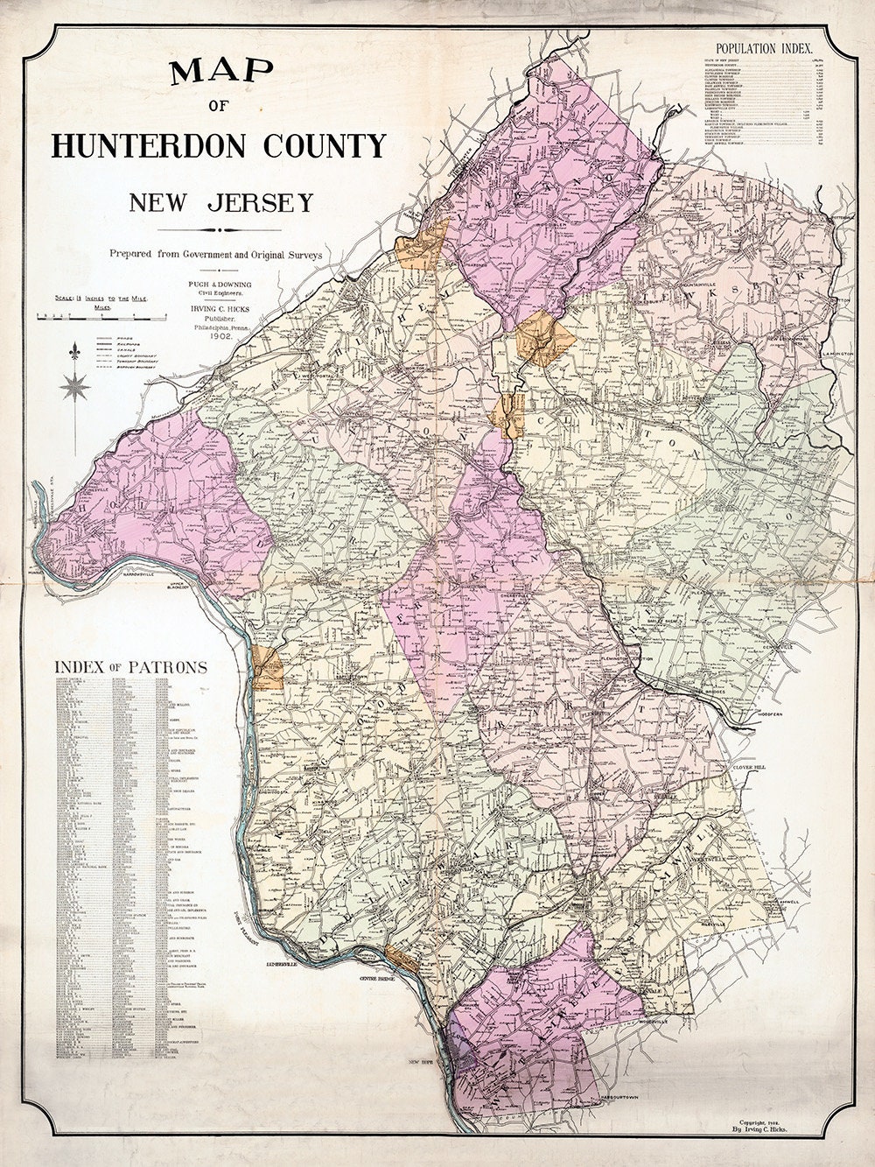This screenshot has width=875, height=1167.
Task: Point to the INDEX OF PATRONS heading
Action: coord(130,667)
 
